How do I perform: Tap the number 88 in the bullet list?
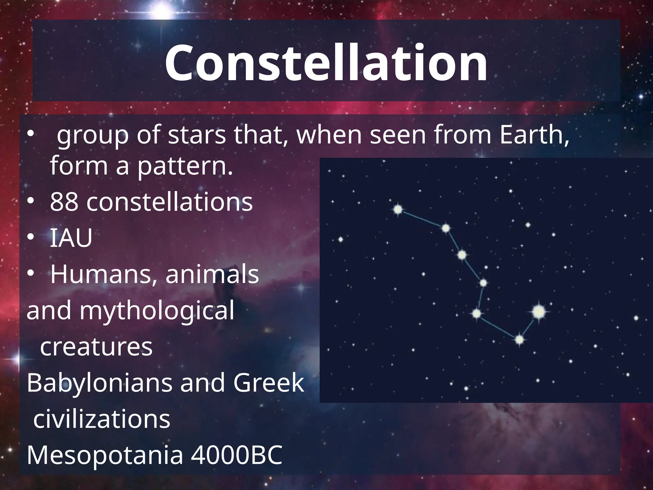click(64, 202)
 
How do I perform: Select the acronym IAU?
click(71, 238)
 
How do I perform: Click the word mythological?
click(157, 311)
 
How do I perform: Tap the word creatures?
click(96, 347)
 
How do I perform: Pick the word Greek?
click(268, 383)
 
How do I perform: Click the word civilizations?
click(102, 419)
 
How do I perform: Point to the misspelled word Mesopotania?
click(105, 456)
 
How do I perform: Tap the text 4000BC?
click(236, 456)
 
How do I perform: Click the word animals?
click(212, 274)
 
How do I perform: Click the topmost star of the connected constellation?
click(398, 210)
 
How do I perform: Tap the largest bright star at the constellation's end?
click(539, 311)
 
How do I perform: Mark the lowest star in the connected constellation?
click(519, 340)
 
